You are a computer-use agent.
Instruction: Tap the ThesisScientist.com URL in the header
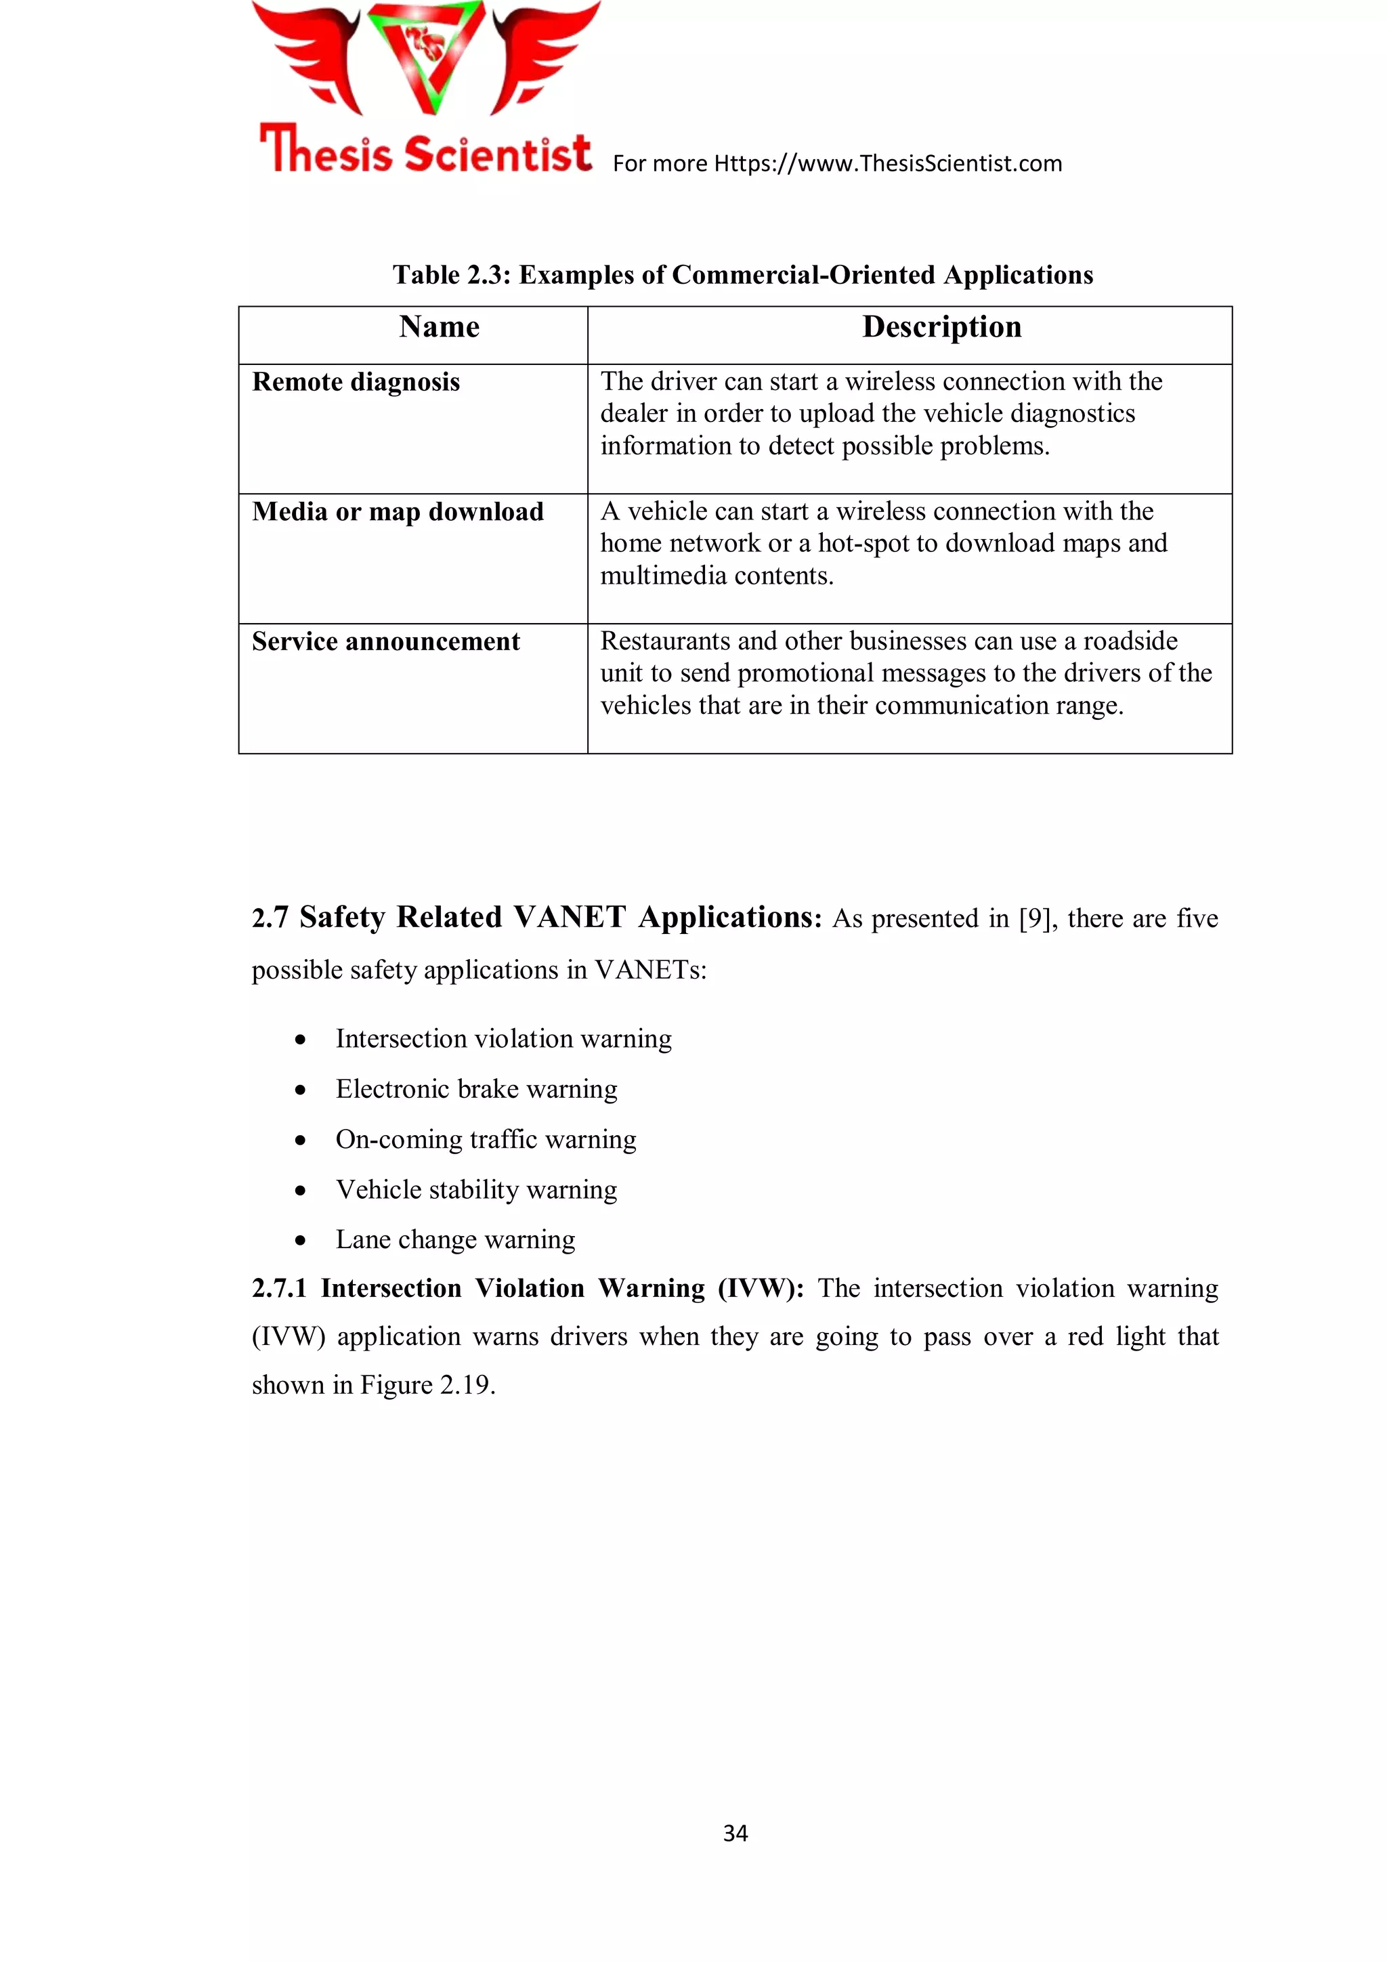[x=887, y=163]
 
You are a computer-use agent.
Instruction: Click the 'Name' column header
[x=440, y=327]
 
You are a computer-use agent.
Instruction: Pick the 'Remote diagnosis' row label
[x=356, y=382]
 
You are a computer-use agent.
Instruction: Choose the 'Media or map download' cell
[x=398, y=512]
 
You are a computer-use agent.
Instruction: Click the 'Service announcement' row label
[x=385, y=642]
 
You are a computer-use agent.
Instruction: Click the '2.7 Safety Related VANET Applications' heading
[x=536, y=917]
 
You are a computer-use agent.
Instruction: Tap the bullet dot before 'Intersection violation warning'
[x=300, y=1040]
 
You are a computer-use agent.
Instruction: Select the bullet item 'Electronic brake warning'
[x=476, y=1090]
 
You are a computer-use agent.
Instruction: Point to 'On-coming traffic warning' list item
[x=486, y=1140]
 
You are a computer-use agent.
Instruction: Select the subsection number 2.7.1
[x=278, y=1289]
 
